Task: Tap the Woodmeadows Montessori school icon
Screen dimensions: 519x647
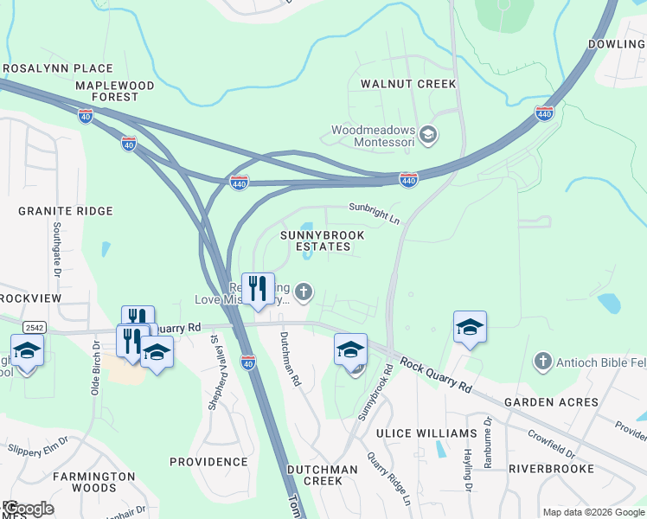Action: click(x=429, y=134)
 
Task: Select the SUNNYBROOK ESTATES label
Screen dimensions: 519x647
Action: click(x=321, y=240)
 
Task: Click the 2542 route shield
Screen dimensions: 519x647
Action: click(x=35, y=327)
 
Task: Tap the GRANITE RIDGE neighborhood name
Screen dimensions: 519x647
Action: click(x=66, y=211)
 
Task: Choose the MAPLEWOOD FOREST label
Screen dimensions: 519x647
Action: click(x=114, y=91)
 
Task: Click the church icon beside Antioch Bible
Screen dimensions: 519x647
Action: click(x=542, y=360)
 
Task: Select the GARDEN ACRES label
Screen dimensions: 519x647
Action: click(x=551, y=402)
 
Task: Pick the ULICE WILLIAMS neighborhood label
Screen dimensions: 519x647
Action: click(x=426, y=432)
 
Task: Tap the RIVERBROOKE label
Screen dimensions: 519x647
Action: click(x=551, y=468)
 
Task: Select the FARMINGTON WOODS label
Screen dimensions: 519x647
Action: click(x=93, y=482)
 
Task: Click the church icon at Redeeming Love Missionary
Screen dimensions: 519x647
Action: click(x=303, y=292)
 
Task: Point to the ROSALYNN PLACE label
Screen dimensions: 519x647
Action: click(x=58, y=68)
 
